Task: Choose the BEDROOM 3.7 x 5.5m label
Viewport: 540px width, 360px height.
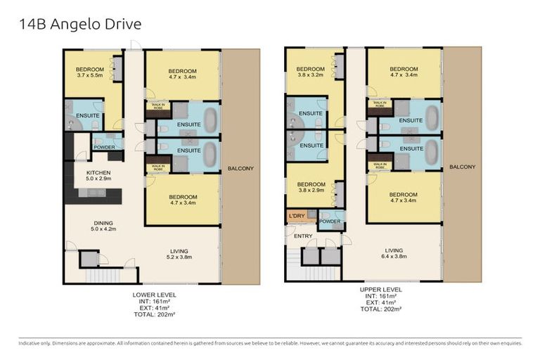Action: tap(89, 71)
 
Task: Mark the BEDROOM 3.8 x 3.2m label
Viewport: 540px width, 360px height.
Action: tap(311, 71)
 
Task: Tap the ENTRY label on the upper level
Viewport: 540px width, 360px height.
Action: tap(302, 236)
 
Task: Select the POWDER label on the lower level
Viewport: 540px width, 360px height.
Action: tap(105, 147)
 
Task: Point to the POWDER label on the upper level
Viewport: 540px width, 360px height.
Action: tap(329, 221)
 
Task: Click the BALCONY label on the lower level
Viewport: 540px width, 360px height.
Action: tap(240, 169)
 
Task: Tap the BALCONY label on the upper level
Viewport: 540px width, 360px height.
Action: tap(462, 167)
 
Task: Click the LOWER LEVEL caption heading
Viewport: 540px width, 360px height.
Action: tap(155, 294)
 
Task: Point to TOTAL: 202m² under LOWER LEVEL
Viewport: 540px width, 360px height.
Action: tap(155, 314)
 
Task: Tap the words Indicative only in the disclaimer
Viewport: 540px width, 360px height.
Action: tap(34, 342)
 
